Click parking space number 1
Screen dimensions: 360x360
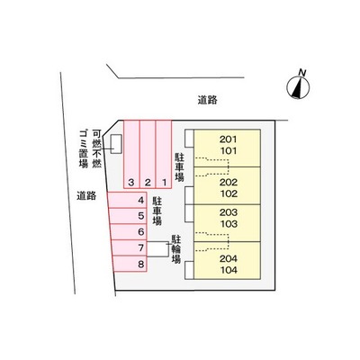(x=164, y=154)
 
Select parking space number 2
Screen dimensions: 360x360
(x=148, y=154)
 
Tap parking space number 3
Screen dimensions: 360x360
(x=131, y=154)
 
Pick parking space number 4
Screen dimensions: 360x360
(x=127, y=200)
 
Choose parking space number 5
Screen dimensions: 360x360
(x=128, y=216)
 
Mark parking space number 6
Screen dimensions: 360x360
(x=129, y=231)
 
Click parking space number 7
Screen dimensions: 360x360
(x=129, y=247)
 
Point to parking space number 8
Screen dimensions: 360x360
(x=130, y=264)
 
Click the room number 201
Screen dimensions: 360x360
(x=229, y=139)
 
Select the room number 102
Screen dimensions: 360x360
(x=229, y=193)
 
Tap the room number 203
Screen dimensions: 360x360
(x=229, y=212)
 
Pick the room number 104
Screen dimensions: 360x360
(x=229, y=270)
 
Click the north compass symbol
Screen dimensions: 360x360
(x=298, y=87)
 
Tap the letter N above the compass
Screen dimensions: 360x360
(x=302, y=72)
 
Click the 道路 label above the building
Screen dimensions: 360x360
(x=207, y=100)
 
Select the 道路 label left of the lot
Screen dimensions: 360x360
(x=86, y=196)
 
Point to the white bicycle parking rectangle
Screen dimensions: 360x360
(x=157, y=248)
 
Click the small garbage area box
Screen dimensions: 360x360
(x=116, y=144)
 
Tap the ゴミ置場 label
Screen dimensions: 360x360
(x=84, y=148)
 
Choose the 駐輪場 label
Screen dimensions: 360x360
(x=176, y=249)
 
